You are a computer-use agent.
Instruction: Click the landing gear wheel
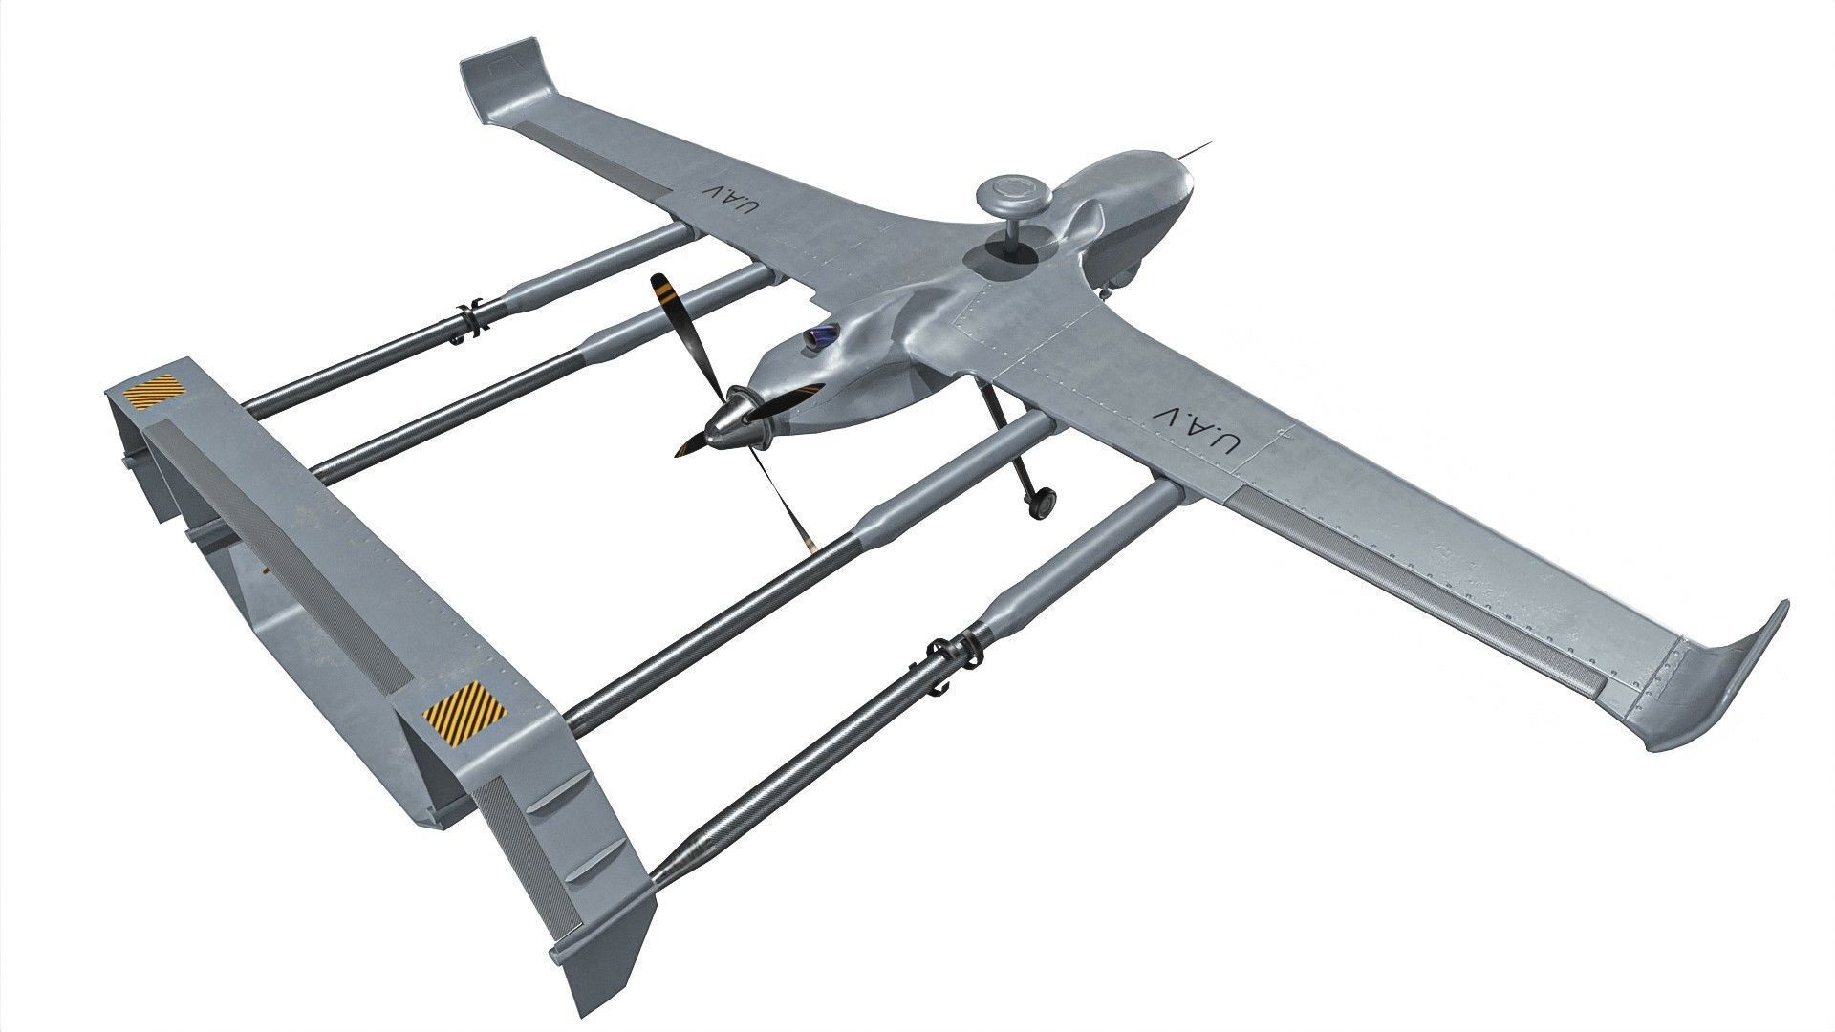[1043, 500]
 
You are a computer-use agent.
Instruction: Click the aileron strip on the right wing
[1414, 572]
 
